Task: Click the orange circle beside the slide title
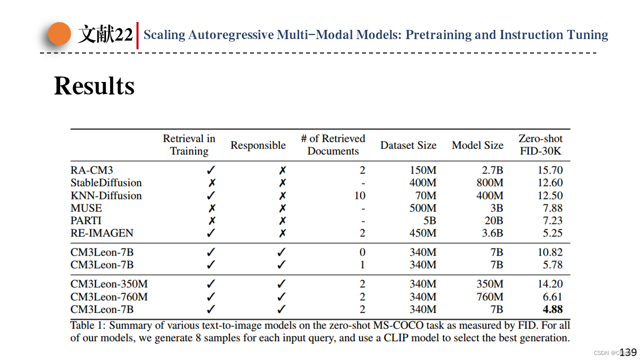(x=59, y=33)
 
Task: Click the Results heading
(x=94, y=85)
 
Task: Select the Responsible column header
(x=258, y=145)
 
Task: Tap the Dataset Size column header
(x=408, y=145)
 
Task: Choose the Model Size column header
(x=477, y=145)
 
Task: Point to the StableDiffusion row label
(x=106, y=183)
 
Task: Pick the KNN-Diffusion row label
(x=106, y=195)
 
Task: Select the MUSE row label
(x=86, y=208)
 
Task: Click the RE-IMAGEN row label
(x=102, y=233)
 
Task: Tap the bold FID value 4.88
(x=552, y=309)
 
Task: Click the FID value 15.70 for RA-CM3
(x=550, y=170)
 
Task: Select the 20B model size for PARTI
(x=493, y=220)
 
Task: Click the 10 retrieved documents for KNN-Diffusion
(x=359, y=195)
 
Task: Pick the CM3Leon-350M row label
(x=109, y=284)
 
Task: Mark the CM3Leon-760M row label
(x=109, y=297)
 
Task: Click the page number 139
(x=628, y=352)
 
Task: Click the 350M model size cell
(x=489, y=284)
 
